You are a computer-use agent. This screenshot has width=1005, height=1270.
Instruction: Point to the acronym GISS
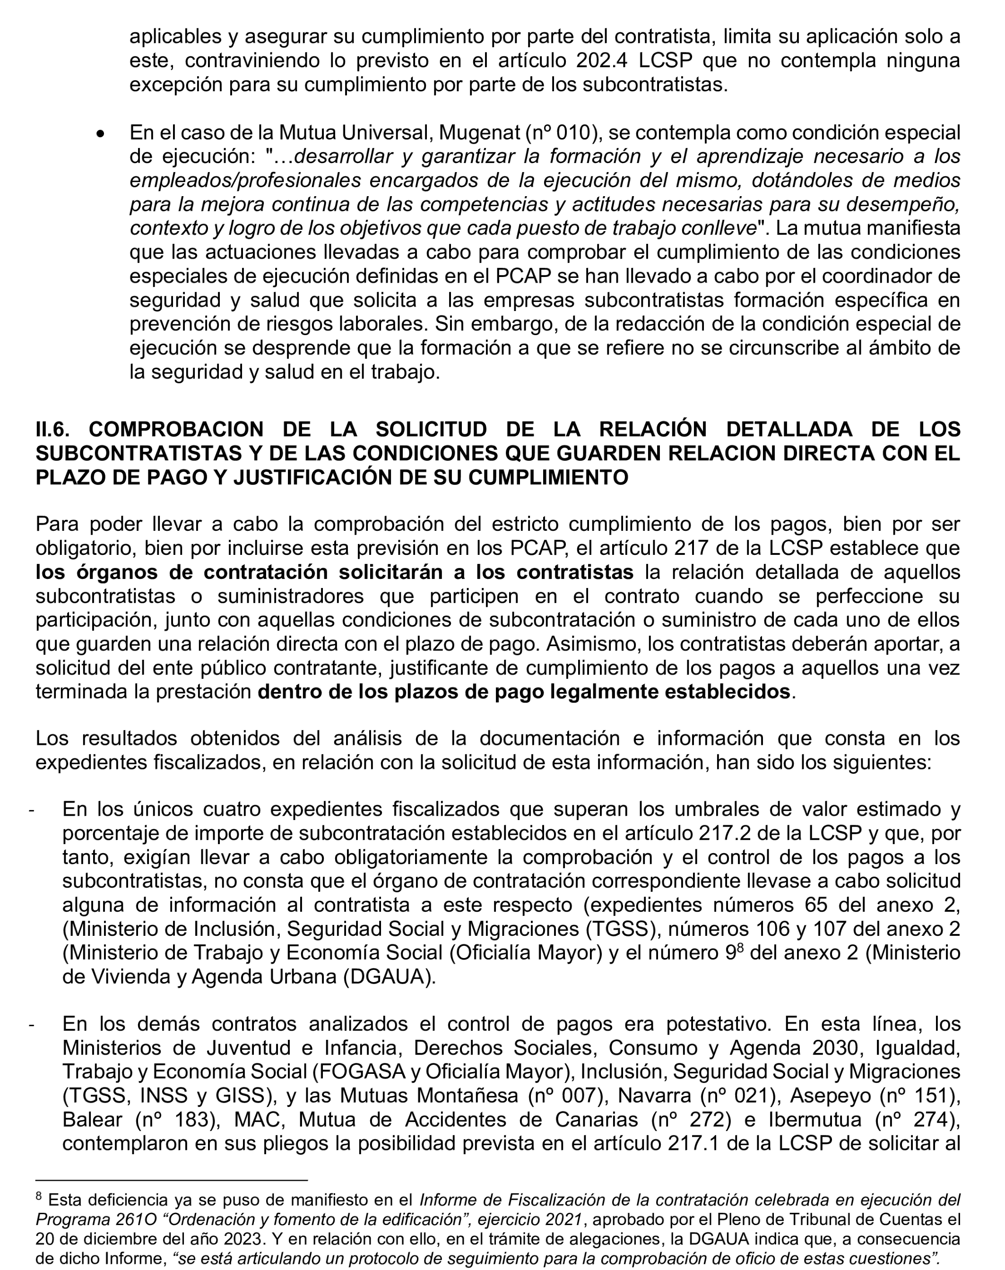coord(243,1096)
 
